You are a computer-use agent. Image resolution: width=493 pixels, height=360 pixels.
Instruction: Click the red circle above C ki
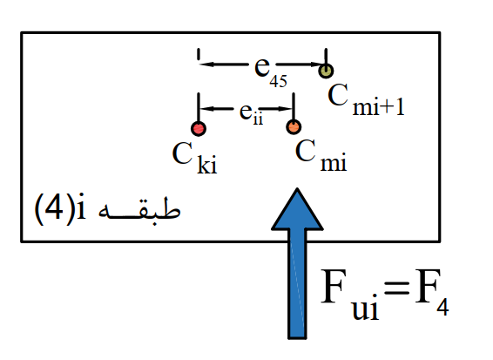[x=199, y=128]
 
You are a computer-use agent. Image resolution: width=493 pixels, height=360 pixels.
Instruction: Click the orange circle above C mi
[x=294, y=127]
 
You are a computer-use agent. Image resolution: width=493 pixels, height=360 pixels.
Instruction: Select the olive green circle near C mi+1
[x=326, y=71]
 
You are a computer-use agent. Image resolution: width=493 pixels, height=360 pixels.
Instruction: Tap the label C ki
[x=194, y=157]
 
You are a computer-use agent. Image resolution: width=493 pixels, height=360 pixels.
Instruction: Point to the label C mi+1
[x=366, y=99]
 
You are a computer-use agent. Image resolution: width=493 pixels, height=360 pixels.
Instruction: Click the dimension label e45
[x=270, y=71]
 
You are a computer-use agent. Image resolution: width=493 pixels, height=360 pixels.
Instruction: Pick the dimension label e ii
[x=251, y=114]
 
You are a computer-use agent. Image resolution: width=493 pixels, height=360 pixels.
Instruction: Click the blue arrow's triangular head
[x=297, y=209]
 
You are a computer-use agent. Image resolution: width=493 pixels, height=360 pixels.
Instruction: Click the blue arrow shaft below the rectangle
[x=297, y=290]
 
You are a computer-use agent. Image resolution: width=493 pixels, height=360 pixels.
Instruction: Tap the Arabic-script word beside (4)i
[x=139, y=210]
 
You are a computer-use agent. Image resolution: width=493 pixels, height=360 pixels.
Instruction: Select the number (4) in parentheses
[x=53, y=208]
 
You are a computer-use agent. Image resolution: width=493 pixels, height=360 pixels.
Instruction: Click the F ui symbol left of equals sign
[x=349, y=295]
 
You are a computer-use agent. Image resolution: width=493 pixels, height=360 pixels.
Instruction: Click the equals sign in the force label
[x=397, y=288]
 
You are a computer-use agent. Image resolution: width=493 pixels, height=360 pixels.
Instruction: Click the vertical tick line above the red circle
[x=199, y=107]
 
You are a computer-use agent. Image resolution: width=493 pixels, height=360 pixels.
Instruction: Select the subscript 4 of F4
[x=442, y=307]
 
